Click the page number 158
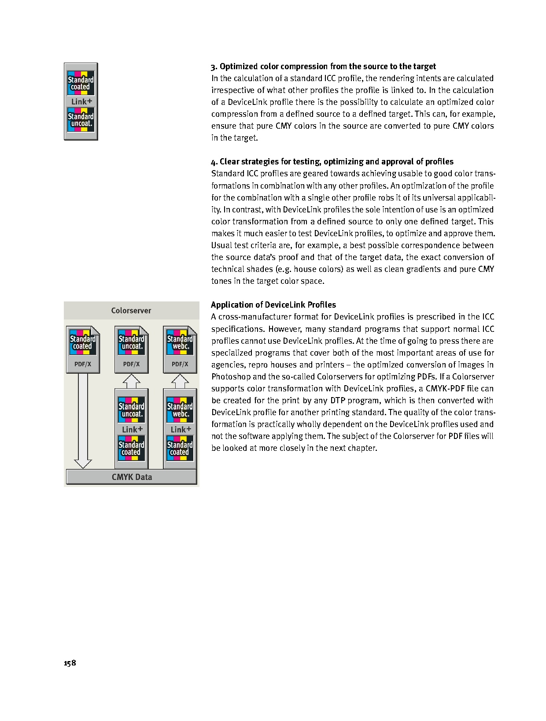(x=70, y=663)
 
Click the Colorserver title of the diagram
(x=131, y=311)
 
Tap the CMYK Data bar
(x=131, y=477)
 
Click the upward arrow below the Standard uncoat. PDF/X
(x=131, y=381)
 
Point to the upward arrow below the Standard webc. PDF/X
(x=180, y=381)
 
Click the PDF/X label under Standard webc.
(x=180, y=364)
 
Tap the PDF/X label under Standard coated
(x=83, y=364)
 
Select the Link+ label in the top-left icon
(x=81, y=102)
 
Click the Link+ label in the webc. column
(x=181, y=429)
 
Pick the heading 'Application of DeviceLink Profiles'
(x=273, y=305)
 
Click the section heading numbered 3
(x=323, y=67)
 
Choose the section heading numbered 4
(x=332, y=162)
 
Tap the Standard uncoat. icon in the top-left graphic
(x=81, y=120)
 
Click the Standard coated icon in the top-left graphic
(x=81, y=83)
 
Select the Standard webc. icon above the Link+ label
(x=180, y=410)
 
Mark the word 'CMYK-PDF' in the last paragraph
(x=446, y=389)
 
